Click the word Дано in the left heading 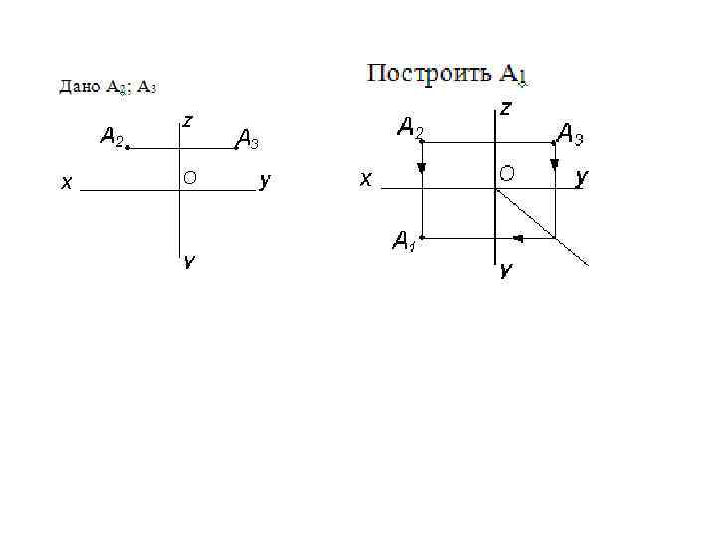click(x=79, y=88)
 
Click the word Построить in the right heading click(x=429, y=73)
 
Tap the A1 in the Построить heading click(x=512, y=74)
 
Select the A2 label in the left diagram click(x=112, y=136)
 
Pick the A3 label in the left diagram click(x=247, y=140)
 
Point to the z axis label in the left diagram click(x=188, y=121)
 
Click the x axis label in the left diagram click(x=65, y=182)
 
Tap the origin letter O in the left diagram click(x=189, y=178)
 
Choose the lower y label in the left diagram click(x=187, y=262)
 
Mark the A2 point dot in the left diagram click(x=128, y=148)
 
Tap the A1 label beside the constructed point click(x=403, y=240)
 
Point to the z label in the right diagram click(x=506, y=107)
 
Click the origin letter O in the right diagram click(x=507, y=174)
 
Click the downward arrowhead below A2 click(x=422, y=168)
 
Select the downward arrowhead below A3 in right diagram click(x=554, y=161)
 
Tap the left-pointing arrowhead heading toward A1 click(x=518, y=238)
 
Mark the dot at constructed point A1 click(x=422, y=238)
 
